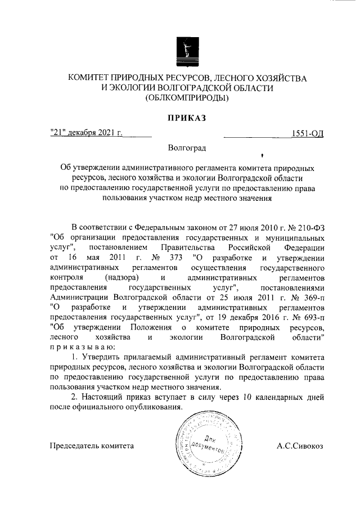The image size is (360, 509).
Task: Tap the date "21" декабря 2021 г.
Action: (x=86, y=133)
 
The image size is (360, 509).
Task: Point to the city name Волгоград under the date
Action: (x=187, y=148)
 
